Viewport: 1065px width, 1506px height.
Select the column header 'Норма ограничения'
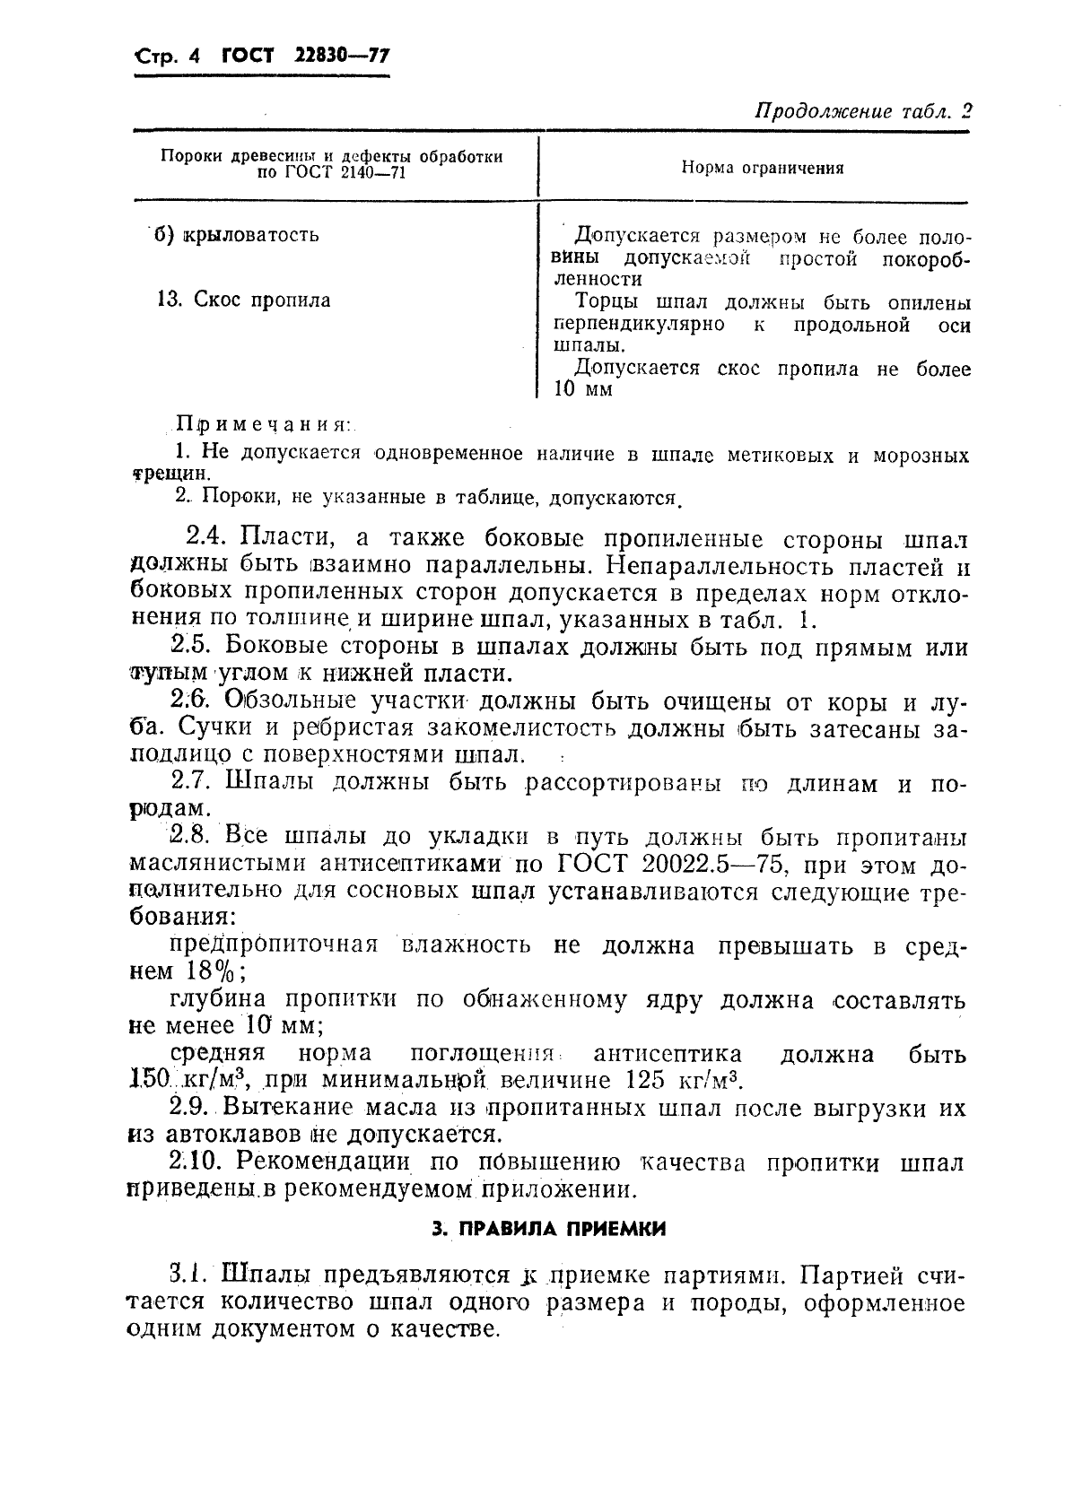pyautogui.click(x=762, y=168)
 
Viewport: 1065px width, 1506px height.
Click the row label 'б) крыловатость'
pyautogui.click(x=237, y=235)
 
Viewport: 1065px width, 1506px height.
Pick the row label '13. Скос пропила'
pyautogui.click(x=243, y=300)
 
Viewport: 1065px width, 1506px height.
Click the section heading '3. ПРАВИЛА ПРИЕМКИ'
pyautogui.click(x=548, y=1229)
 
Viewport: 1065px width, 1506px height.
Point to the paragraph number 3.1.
pyautogui.click(x=189, y=1275)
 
